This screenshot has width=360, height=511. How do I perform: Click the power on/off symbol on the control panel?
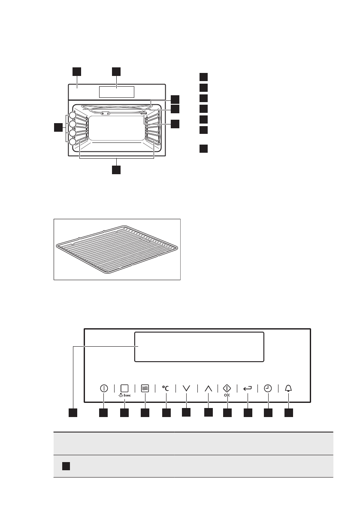(103, 388)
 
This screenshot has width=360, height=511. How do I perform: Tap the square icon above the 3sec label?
(124, 387)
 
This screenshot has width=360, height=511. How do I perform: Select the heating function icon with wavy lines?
(145, 388)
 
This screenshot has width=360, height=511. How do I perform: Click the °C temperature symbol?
(166, 388)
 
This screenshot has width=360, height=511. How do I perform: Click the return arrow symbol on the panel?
(248, 388)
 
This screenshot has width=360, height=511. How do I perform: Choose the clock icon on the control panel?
(268, 388)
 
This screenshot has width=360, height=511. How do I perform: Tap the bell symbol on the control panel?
(288, 388)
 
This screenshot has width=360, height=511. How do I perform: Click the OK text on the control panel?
(227, 396)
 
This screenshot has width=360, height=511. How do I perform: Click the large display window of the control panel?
(199, 347)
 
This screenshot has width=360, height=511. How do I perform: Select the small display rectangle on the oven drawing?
(116, 92)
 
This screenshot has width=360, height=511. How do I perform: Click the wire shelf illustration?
(116, 249)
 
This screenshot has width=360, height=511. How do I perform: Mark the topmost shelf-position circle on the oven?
(73, 115)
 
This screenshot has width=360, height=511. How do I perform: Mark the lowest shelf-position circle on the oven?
(73, 142)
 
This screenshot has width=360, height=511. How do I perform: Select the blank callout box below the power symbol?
(103, 413)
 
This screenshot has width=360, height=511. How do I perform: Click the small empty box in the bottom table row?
(65, 466)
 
